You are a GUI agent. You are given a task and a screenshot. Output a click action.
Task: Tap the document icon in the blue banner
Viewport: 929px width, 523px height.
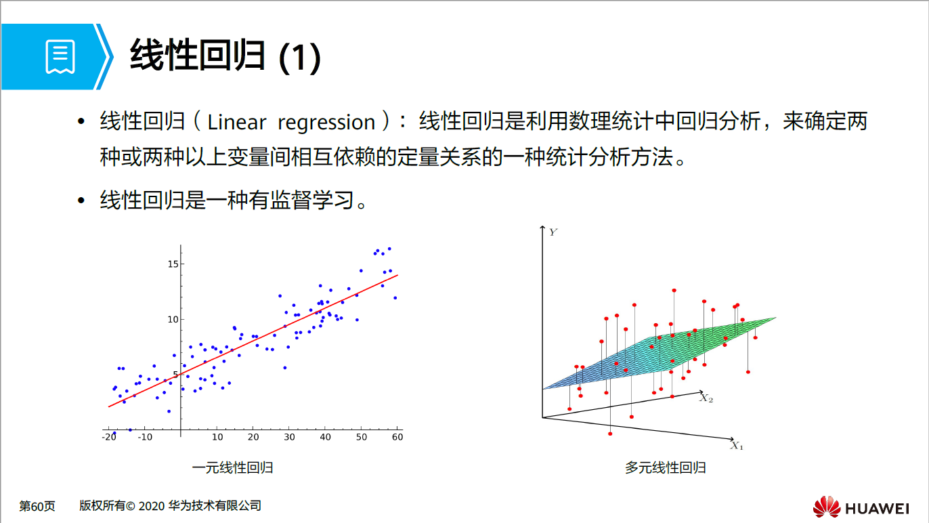click(60, 57)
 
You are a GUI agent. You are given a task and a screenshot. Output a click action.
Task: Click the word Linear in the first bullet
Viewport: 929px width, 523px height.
click(236, 123)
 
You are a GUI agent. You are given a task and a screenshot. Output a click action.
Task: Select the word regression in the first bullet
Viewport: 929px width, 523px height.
click(326, 123)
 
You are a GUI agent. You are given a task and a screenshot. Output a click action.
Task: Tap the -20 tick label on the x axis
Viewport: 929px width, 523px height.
click(108, 438)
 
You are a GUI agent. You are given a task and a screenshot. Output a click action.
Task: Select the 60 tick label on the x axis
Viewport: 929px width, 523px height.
click(397, 438)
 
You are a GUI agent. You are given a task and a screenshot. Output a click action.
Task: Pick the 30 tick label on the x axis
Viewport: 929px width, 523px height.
click(289, 438)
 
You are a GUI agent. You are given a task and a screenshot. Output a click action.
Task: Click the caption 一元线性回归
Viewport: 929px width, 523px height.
click(232, 468)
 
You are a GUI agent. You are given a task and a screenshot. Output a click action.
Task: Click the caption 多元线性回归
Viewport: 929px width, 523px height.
click(666, 468)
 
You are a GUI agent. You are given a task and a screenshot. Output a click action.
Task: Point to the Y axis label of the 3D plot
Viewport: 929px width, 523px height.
click(553, 232)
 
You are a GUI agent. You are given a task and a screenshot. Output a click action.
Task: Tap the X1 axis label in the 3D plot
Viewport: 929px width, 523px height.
click(737, 446)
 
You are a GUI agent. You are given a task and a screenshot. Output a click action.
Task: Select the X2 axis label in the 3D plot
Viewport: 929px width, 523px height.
click(706, 398)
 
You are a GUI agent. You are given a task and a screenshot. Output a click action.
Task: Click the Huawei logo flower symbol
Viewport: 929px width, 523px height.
click(826, 507)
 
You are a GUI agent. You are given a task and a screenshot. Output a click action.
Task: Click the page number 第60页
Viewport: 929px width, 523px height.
click(37, 506)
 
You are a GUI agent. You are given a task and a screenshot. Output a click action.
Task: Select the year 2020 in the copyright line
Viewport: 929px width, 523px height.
click(152, 506)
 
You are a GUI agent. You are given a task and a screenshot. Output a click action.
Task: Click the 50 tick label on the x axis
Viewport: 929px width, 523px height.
click(362, 438)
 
